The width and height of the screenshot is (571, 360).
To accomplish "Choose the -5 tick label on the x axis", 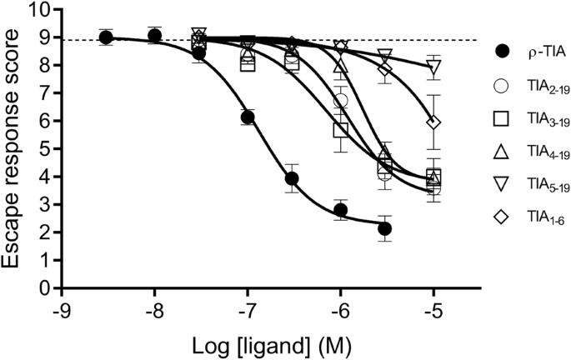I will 433,309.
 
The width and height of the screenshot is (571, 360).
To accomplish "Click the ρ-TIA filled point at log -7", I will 247,117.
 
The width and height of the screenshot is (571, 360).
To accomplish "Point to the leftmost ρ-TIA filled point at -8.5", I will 106,37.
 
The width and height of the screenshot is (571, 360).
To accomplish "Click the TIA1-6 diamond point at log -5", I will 433,122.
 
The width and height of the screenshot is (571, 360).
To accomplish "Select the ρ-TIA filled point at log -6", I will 340,210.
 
